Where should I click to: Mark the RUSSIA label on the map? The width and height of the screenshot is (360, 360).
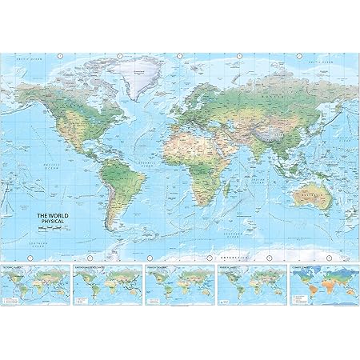tap(264, 94)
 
